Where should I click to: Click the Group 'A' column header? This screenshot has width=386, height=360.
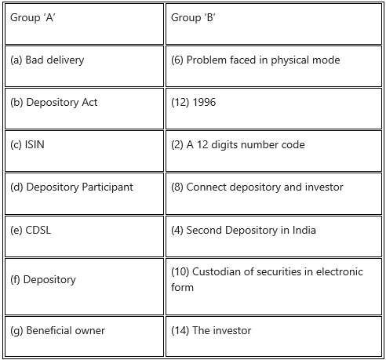(33, 17)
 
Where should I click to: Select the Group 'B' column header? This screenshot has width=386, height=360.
(193, 17)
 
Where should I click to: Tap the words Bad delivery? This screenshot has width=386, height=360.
(55, 60)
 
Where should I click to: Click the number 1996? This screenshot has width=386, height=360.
(204, 102)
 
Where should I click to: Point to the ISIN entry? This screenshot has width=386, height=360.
(35, 144)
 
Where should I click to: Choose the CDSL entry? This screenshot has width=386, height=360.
(38, 230)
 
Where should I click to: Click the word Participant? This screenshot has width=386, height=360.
(107, 187)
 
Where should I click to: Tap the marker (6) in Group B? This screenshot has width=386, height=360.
(177, 60)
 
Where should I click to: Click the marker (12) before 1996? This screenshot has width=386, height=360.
(180, 103)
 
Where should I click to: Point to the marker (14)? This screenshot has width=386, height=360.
(180, 330)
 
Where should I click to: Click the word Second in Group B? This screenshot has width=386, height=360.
(204, 230)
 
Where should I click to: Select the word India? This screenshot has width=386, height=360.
(304, 230)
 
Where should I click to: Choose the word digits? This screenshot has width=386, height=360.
(224, 145)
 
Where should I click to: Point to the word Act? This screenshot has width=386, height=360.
(89, 102)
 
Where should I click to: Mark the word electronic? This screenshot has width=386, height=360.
(340, 271)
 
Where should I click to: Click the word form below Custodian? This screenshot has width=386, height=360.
(182, 287)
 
